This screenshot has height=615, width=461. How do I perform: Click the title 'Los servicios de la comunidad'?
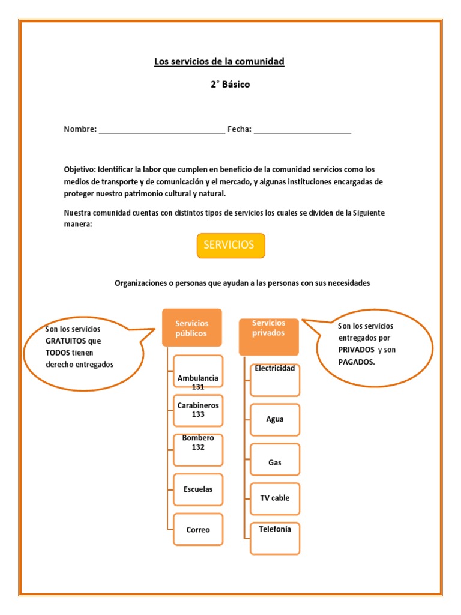pyautogui.click(x=219, y=62)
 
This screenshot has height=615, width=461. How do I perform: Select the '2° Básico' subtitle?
pyautogui.click(x=230, y=85)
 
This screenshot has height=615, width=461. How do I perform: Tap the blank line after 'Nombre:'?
pyautogui.click(x=161, y=130)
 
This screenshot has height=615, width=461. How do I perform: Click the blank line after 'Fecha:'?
pyautogui.click(x=303, y=130)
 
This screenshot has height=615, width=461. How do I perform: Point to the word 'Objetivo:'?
pyautogui.click(x=80, y=169)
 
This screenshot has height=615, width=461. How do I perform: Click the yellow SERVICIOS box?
pyautogui.click(x=230, y=246)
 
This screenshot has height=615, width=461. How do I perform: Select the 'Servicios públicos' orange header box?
pyautogui.click(x=192, y=328)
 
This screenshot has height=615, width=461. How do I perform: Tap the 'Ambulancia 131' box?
pyautogui.click(x=198, y=372)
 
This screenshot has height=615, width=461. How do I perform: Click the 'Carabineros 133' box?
pyautogui.click(x=198, y=410)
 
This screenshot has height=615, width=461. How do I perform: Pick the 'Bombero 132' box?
pyautogui.click(x=198, y=449)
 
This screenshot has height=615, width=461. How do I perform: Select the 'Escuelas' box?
pyautogui.click(x=198, y=489)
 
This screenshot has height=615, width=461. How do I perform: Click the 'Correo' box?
pyautogui.click(x=198, y=529)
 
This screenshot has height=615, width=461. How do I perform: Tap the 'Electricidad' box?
pyautogui.click(x=275, y=380)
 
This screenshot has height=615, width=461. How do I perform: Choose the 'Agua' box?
pyautogui.click(x=275, y=419)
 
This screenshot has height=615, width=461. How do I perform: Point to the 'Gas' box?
pyautogui.click(x=275, y=462)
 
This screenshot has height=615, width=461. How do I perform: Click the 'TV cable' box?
pyautogui.click(x=275, y=498)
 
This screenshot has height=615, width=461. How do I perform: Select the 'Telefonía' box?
pyautogui.click(x=275, y=538)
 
